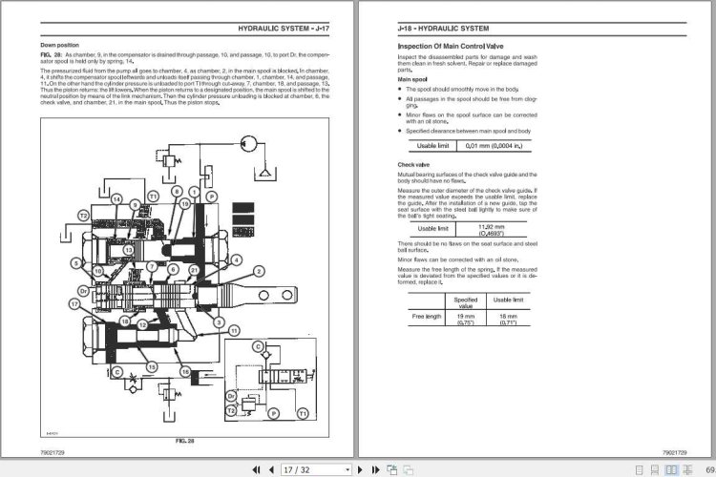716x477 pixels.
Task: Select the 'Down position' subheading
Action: pos(59,45)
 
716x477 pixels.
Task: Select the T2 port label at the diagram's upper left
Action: pos(83,217)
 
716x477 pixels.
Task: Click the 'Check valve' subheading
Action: pos(412,164)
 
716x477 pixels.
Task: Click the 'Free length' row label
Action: pos(427,317)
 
